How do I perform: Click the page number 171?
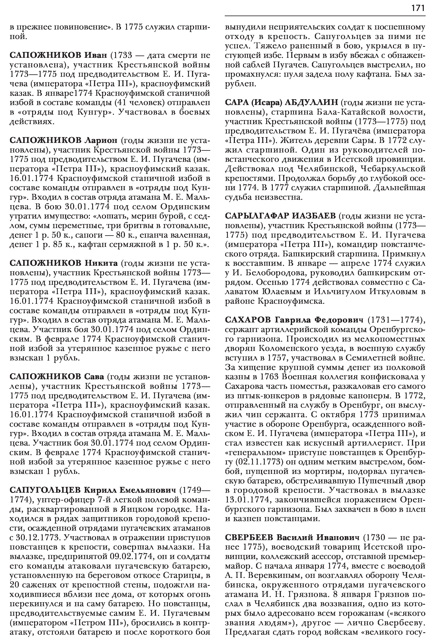pyautogui.click(x=418, y=8)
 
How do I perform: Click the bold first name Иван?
pyautogui.click(x=95, y=56)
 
